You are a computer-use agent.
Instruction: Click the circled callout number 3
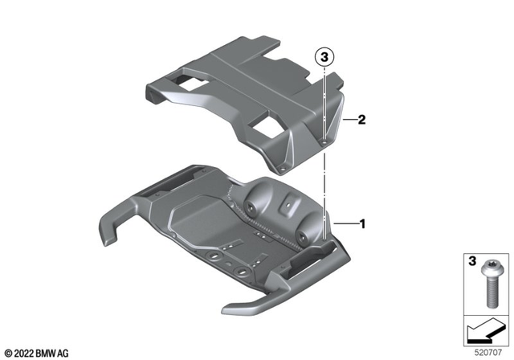click(323, 58)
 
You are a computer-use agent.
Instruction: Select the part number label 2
click(361, 121)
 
